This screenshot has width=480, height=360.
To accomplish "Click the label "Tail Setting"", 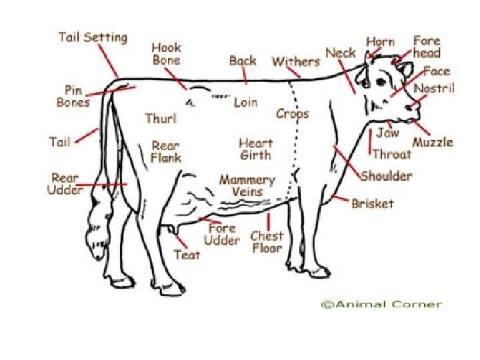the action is click(93, 37).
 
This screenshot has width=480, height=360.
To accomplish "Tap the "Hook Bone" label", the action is click(166, 54).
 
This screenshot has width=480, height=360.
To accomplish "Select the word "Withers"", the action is click(295, 61).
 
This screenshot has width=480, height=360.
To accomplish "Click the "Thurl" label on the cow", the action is click(161, 119).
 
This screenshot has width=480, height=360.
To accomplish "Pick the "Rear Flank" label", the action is click(166, 151).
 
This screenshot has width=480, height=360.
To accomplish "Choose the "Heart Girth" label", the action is click(256, 149).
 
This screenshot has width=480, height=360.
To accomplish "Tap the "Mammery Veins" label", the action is click(247, 186).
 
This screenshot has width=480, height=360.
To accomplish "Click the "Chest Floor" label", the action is click(267, 241).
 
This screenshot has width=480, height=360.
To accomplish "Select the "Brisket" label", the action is click(373, 203).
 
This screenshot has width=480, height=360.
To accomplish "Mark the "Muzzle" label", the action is click(433, 142).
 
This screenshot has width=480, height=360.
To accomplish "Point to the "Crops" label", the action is click(293, 113).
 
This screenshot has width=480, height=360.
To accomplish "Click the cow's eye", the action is click(382, 82).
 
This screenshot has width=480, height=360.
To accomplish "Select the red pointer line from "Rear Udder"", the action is click(103, 184).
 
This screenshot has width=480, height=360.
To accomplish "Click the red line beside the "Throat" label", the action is click(370, 142).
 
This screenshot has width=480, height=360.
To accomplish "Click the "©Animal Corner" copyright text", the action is click(381, 304).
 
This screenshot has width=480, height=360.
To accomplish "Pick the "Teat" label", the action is click(187, 255).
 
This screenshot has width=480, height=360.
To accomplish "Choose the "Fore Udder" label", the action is click(221, 233).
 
